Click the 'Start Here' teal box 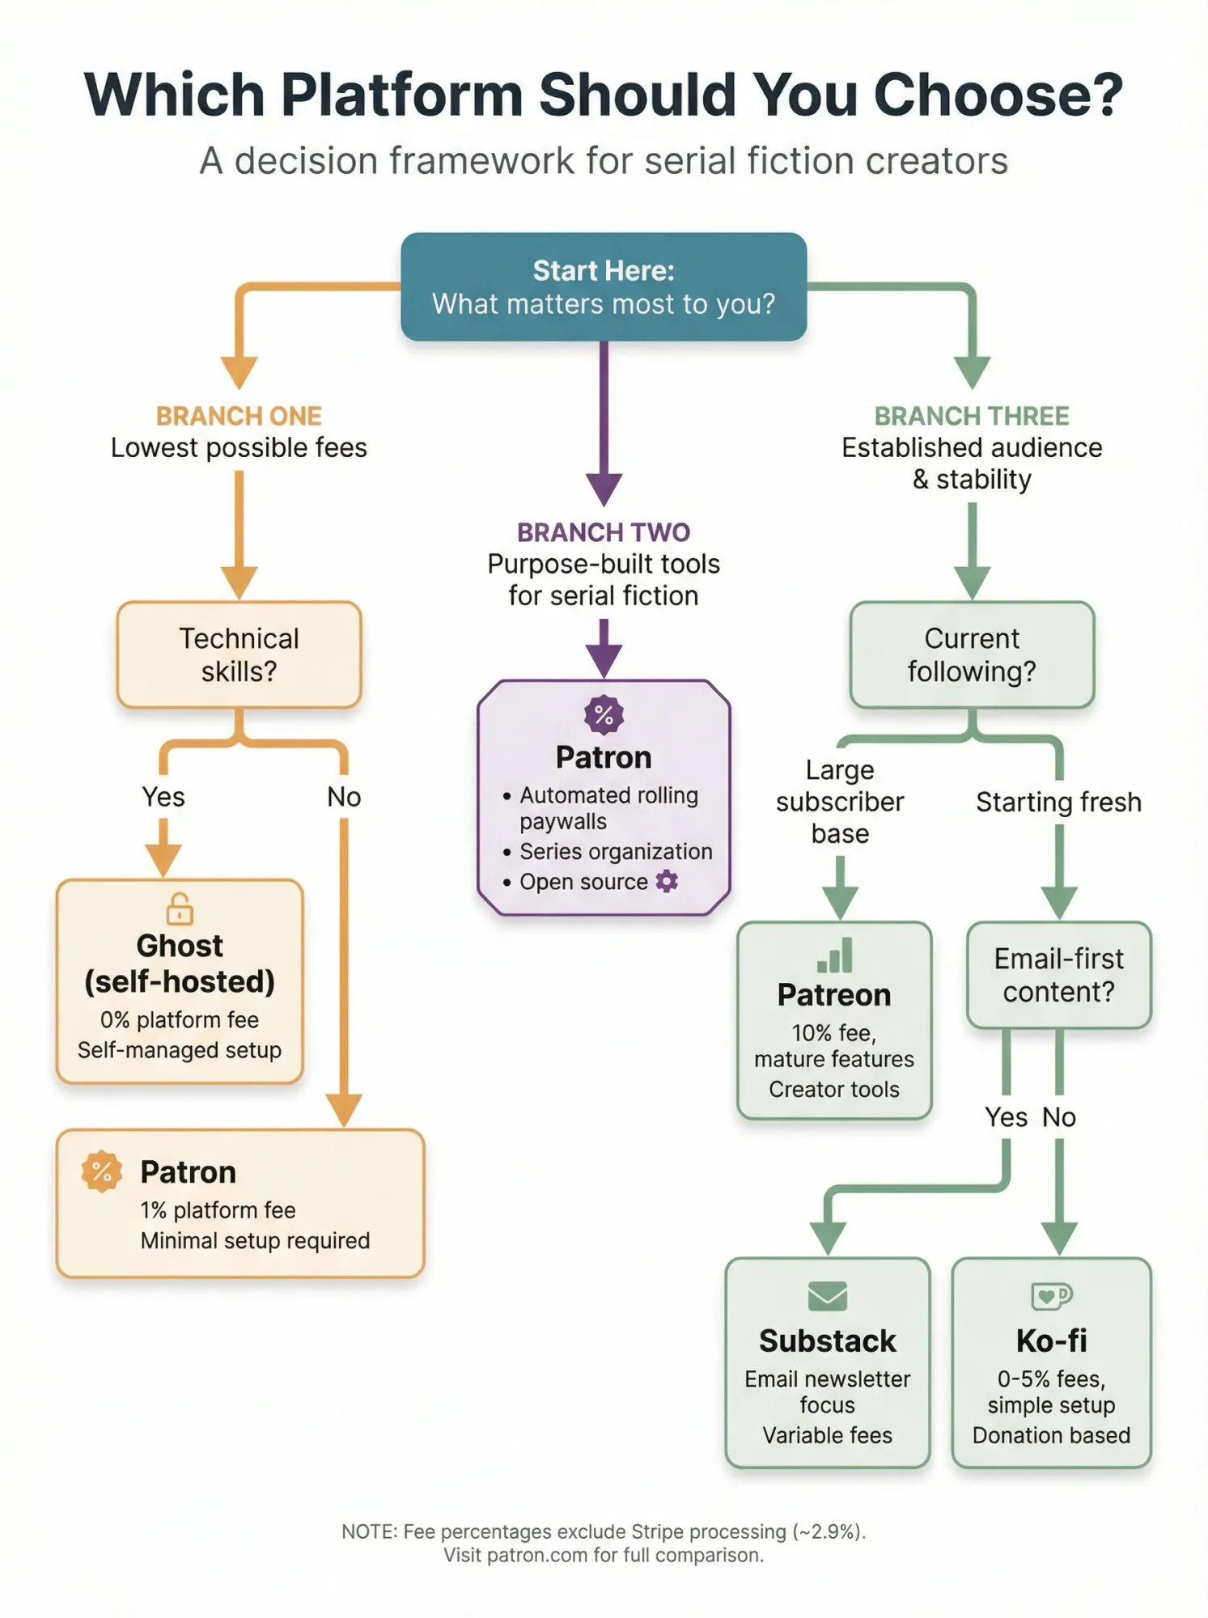pos(604,287)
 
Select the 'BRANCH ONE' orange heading pos(239,416)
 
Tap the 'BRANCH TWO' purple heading pos(604,532)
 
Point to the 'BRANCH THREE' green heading pos(972,416)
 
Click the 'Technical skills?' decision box pos(239,654)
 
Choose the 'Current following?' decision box pos(972,654)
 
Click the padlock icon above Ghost pos(180,909)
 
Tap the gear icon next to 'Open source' pos(667,881)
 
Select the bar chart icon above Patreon pos(835,955)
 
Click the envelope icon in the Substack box pos(827,1295)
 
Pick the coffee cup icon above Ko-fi pos(1051,1295)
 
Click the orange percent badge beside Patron pos(102,1171)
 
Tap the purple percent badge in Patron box pos(604,715)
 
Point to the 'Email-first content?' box pos(1058,975)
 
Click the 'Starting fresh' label pos(1058,802)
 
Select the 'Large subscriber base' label pos(840,802)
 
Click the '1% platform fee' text pos(218,1210)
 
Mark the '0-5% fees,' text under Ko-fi pos(1051,1379)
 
